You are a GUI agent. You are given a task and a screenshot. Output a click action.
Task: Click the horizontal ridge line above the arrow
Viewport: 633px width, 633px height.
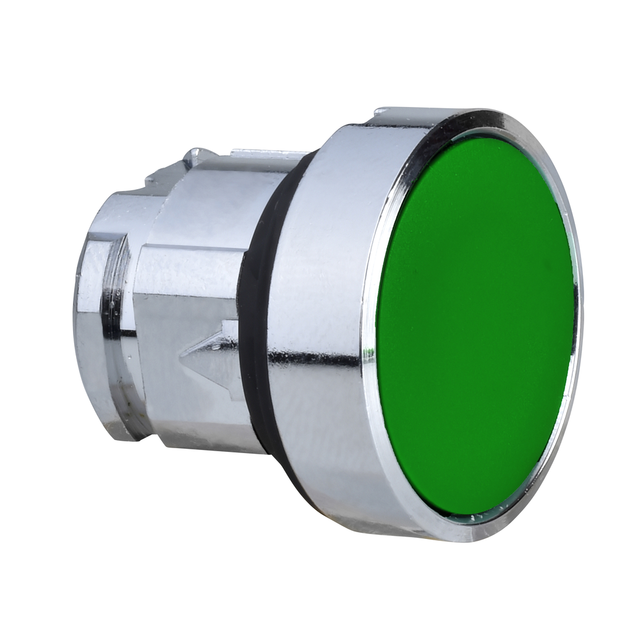pyautogui.click(x=185, y=247)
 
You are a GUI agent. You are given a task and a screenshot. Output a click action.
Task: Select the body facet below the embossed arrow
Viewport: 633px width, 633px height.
pyautogui.click(x=198, y=414)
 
